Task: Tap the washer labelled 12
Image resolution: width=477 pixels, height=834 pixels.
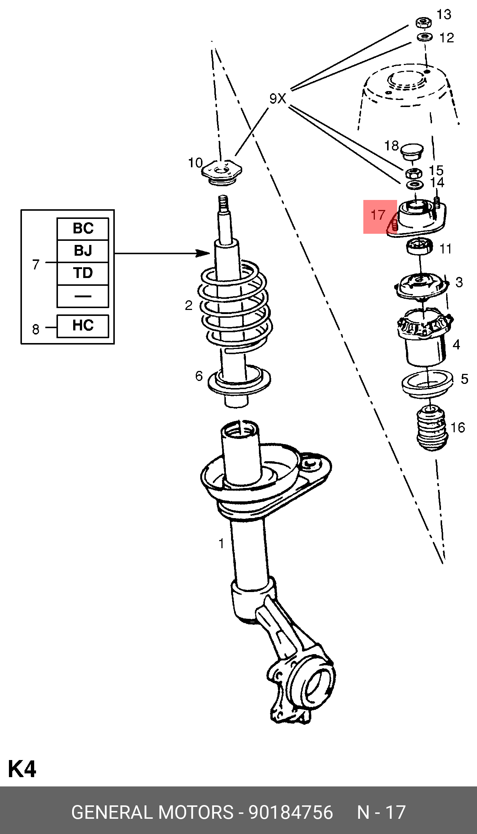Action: (424, 37)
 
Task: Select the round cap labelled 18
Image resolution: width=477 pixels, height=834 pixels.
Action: (412, 151)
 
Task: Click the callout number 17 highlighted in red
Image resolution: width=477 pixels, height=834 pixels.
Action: (378, 215)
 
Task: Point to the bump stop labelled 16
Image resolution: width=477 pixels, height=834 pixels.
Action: (431, 429)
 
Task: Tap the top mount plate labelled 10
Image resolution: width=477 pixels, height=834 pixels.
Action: (222, 171)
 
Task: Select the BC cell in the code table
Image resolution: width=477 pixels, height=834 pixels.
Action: (83, 229)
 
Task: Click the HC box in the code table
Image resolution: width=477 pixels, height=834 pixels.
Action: (83, 326)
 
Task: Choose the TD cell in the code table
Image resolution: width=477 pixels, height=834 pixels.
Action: (83, 274)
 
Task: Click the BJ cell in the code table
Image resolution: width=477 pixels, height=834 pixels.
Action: (83, 251)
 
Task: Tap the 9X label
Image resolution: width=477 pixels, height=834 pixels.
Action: (278, 99)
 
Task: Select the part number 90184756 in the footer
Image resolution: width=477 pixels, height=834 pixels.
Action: (291, 812)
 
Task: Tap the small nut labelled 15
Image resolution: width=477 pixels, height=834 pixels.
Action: (413, 173)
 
